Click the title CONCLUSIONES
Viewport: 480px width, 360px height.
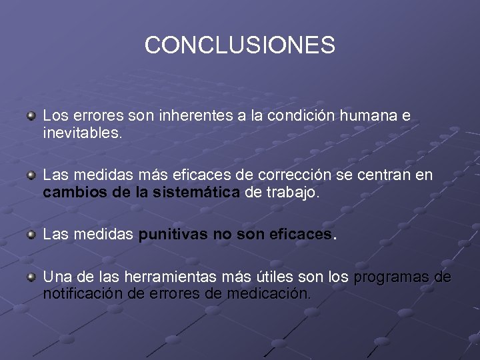(x=240, y=45)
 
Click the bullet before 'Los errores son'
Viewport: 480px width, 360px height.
(x=31, y=116)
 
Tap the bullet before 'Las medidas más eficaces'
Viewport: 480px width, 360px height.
(x=31, y=175)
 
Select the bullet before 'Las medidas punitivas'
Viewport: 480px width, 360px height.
(x=31, y=235)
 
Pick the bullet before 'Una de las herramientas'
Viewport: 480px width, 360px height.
(x=31, y=276)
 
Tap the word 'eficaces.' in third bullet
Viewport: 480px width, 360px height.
(x=303, y=235)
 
